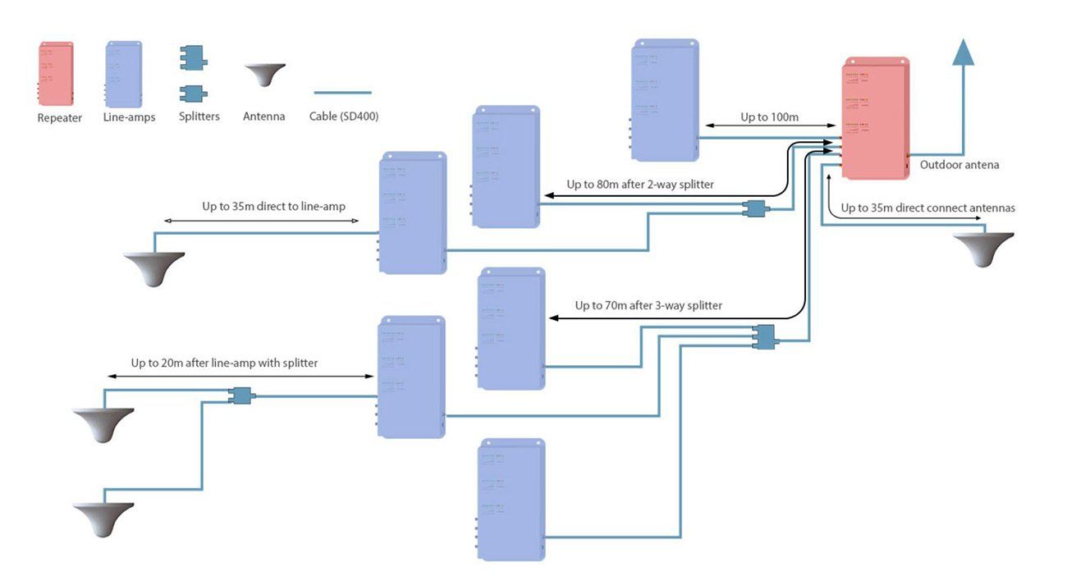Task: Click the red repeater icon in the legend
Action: pos(55,74)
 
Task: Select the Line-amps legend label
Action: pos(130,117)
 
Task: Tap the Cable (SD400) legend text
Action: pos(344,117)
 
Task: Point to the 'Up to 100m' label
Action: pos(769,117)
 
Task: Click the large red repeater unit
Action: pos(875,118)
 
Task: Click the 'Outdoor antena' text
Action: pos(959,165)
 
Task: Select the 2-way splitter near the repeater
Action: pos(753,208)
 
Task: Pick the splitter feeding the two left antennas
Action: pos(241,395)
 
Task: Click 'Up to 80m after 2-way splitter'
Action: pos(639,185)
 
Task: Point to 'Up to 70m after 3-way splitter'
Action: pos(648,305)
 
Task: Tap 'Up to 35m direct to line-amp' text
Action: pos(281,206)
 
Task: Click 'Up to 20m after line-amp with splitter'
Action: pos(224,362)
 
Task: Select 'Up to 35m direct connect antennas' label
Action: pos(927,208)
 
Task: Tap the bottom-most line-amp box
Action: pos(511,499)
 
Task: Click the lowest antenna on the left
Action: pos(103,519)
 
